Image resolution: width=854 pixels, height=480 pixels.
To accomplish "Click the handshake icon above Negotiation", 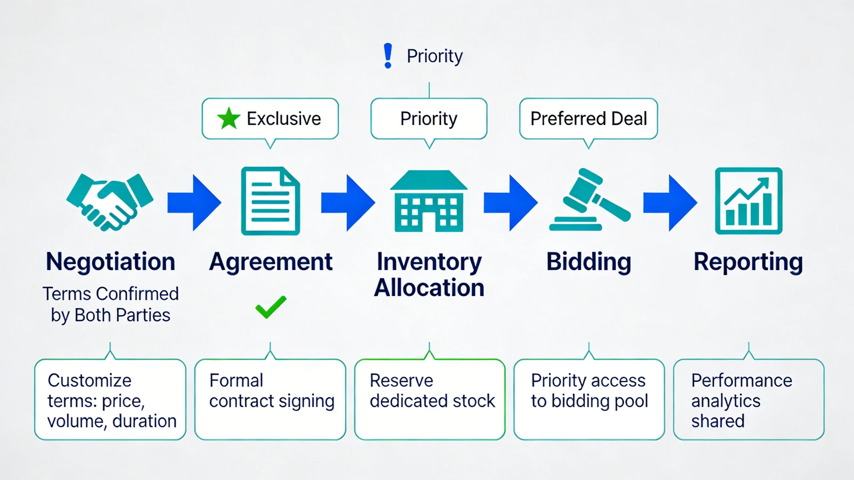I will pyautogui.click(x=110, y=202).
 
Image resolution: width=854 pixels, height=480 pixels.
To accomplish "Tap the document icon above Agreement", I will pyautogui.click(x=270, y=201).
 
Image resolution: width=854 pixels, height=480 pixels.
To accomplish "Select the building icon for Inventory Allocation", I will pyautogui.click(x=429, y=201).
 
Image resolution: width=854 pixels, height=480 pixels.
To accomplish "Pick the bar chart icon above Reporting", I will pyautogui.click(x=749, y=201).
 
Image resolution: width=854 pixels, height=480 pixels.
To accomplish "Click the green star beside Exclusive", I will pyautogui.click(x=229, y=118).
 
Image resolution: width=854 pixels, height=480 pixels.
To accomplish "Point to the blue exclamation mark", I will pyautogui.click(x=388, y=56).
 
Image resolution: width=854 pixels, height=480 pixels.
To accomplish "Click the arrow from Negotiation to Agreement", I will pyautogui.click(x=194, y=203).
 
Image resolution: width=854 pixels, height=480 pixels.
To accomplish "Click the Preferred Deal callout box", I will pyautogui.click(x=588, y=119).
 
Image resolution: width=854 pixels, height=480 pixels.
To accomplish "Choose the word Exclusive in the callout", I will pyautogui.click(x=284, y=119).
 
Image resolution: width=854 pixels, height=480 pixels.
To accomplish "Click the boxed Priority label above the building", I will pyautogui.click(x=429, y=119).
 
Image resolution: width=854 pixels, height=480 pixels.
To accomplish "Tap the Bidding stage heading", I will pyautogui.click(x=589, y=262).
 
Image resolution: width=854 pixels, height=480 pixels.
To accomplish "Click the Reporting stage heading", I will pyautogui.click(x=748, y=262).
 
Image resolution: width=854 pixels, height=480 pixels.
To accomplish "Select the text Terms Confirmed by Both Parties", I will pyautogui.click(x=111, y=304).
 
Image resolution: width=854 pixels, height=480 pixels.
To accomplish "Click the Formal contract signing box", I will pyautogui.click(x=270, y=399).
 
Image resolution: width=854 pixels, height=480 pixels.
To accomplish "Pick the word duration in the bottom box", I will pyautogui.click(x=144, y=421).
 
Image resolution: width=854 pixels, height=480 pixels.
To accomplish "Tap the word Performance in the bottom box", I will pyautogui.click(x=742, y=380).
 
